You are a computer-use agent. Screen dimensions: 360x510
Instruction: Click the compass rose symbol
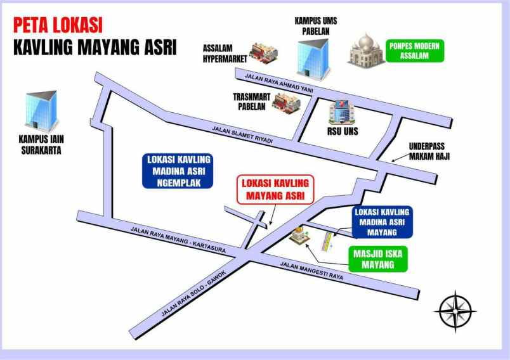(x=455, y=311)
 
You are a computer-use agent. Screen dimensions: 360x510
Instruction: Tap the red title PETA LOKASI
(x=58, y=27)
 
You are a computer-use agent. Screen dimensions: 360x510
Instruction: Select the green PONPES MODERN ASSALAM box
(x=415, y=51)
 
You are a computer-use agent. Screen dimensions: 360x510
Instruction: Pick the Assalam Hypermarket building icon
(x=261, y=52)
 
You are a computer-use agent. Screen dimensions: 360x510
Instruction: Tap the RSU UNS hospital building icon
(x=341, y=112)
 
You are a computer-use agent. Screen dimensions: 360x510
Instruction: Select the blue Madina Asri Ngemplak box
(x=177, y=170)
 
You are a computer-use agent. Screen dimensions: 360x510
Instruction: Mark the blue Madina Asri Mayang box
(x=382, y=220)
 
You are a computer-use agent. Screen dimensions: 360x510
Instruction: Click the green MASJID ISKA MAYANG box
(x=378, y=258)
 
